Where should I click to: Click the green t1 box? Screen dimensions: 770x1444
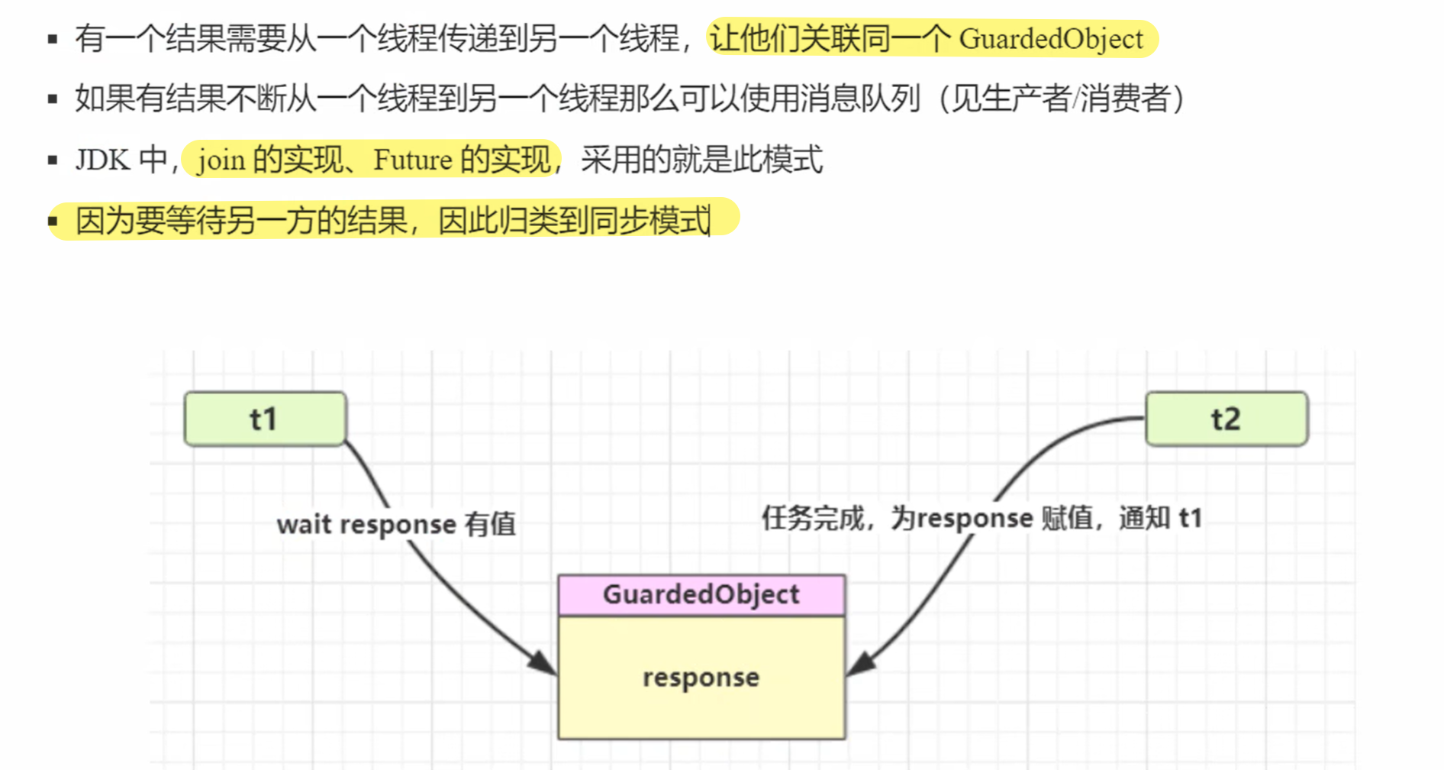pos(265,419)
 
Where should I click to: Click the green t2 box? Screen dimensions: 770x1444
pos(1226,419)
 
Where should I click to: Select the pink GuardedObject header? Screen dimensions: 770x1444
pos(701,594)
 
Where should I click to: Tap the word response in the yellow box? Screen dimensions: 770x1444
pos(701,677)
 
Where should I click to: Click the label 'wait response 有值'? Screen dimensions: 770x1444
pos(395,525)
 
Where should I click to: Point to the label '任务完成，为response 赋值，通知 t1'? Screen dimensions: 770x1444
pos(981,519)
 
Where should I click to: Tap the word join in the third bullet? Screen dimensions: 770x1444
pos(221,160)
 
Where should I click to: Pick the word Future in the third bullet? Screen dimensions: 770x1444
pos(412,160)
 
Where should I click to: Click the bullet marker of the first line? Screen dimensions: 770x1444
pos(53,39)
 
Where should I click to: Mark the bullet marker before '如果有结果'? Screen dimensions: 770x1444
pos(53,99)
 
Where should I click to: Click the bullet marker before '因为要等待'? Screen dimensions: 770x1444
pos(53,222)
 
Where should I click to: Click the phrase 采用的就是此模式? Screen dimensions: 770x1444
pos(701,160)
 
